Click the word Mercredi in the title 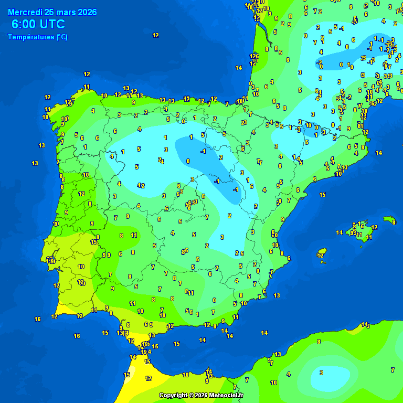tap(26, 12)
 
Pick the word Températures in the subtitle tap(30, 37)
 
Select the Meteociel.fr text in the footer tap(227, 395)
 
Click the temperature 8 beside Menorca tap(394, 222)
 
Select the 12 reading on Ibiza tap(320, 256)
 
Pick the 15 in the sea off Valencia tap(322, 195)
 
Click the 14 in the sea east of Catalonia tap(379, 153)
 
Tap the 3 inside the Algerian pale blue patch tap(321, 373)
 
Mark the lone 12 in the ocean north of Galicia tap(155, 35)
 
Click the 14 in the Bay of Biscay tap(239, 68)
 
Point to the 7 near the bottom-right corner tap(393, 370)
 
